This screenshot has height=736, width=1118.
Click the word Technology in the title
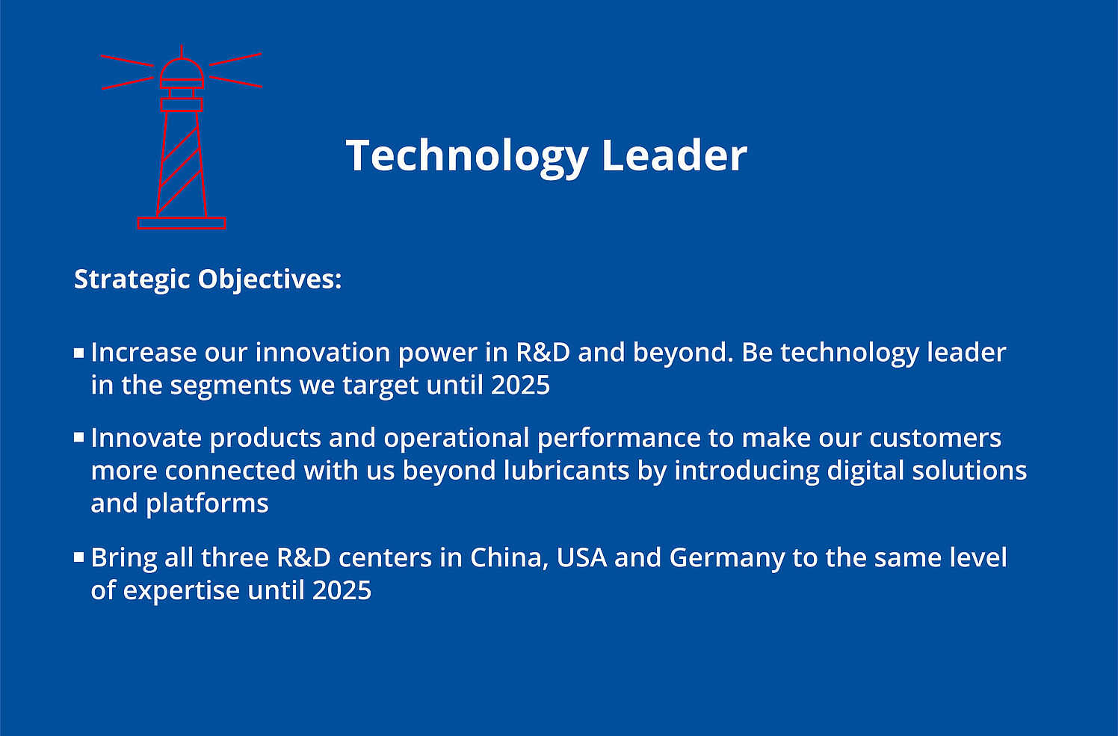click(x=467, y=157)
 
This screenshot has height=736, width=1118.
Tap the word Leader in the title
click(x=674, y=155)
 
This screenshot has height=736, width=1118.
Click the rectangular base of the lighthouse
click(x=182, y=223)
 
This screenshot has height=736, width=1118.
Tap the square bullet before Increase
click(x=79, y=353)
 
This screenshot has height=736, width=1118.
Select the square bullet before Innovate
click(x=79, y=438)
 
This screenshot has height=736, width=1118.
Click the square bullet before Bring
click(x=79, y=557)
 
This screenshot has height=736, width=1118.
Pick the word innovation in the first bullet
click(x=323, y=352)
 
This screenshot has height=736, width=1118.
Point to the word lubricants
click(x=566, y=471)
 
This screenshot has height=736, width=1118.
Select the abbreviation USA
click(x=581, y=558)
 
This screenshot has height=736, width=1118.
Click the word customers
click(x=936, y=439)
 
